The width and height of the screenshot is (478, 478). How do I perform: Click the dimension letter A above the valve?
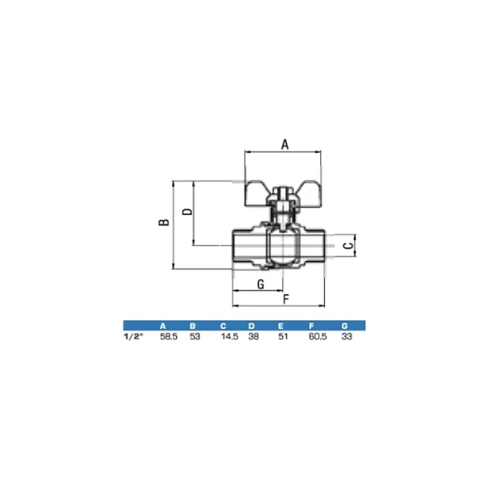click(x=284, y=144)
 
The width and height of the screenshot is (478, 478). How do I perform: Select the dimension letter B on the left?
click(x=164, y=222)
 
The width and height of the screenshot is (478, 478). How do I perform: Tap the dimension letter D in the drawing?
click(x=187, y=212)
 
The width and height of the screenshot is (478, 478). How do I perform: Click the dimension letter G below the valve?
click(x=261, y=284)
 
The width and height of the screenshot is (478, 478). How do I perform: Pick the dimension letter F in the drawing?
click(x=286, y=300)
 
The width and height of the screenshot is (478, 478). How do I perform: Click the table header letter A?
click(x=163, y=326)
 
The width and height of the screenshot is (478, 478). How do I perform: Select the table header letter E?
click(x=280, y=326)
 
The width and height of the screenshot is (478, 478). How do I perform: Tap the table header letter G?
click(x=344, y=326)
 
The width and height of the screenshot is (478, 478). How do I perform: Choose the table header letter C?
click(x=223, y=326)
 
